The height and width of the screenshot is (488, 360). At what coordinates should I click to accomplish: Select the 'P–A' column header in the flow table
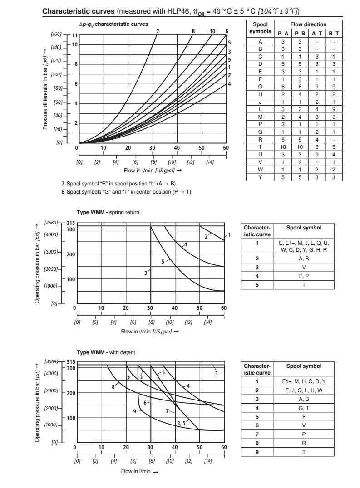click(x=281, y=33)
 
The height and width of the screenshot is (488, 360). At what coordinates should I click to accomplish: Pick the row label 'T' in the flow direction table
click(x=261, y=147)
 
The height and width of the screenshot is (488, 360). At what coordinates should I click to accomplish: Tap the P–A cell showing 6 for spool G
click(x=281, y=86)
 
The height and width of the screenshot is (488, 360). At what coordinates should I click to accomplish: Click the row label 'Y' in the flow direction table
click(x=261, y=177)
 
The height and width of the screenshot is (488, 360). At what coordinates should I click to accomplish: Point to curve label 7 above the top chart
click(x=157, y=31)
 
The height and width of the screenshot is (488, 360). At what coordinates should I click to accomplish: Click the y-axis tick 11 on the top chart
click(x=75, y=35)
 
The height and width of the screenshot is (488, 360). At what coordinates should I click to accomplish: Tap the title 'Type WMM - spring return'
click(x=108, y=212)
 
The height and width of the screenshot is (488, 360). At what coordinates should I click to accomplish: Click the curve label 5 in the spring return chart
click(x=163, y=262)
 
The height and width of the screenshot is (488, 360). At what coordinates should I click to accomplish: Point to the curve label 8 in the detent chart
click(x=113, y=387)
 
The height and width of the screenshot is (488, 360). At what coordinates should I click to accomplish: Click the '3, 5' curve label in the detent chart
click(x=181, y=423)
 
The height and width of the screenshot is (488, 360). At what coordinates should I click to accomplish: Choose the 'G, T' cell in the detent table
click(x=304, y=407)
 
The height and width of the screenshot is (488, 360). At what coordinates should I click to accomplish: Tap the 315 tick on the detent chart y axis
click(x=70, y=362)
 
